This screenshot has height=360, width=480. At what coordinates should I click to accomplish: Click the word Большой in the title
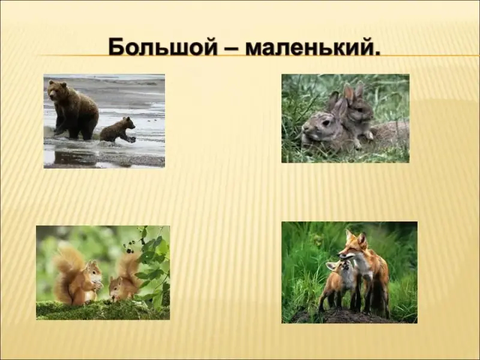tap(163, 47)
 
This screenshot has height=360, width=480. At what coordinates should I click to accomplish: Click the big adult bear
tap(73, 110)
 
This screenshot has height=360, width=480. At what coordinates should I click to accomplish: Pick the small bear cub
tap(118, 130)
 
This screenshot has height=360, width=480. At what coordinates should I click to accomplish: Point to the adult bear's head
tap(57, 91)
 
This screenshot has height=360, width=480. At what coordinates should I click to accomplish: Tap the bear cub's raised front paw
tap(132, 140)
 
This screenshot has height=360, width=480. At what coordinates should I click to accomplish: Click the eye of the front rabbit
tap(325, 123)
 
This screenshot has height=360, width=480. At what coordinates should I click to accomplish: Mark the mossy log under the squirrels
tap(103, 310)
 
